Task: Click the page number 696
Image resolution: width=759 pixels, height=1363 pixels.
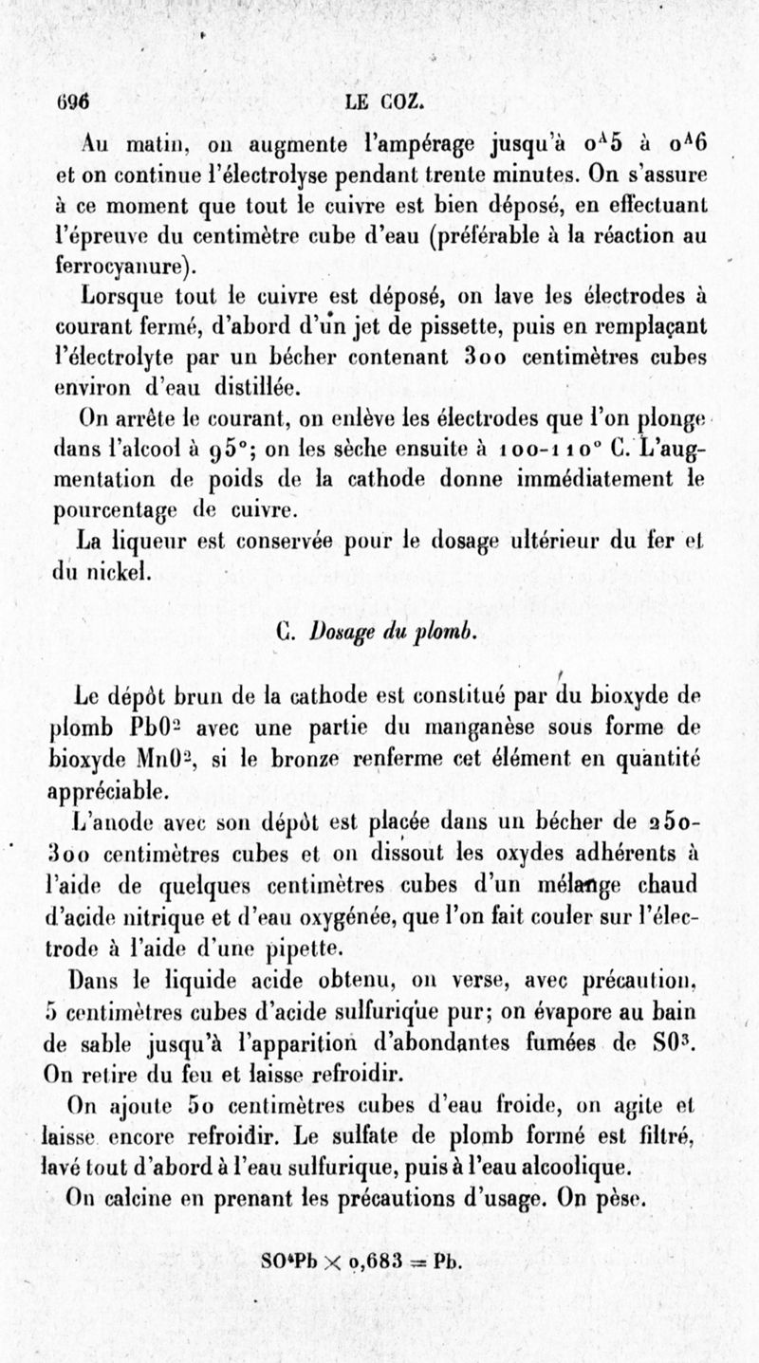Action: click(72, 101)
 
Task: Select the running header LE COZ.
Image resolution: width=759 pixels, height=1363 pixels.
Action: click(383, 101)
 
